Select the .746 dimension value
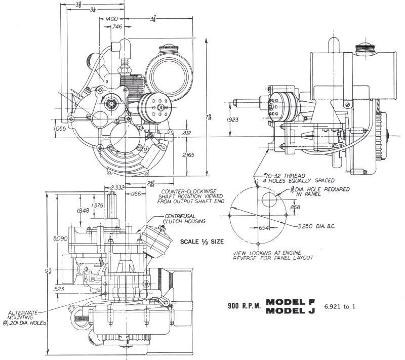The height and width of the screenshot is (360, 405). [x=116, y=27]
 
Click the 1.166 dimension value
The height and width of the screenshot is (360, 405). [x=136, y=194]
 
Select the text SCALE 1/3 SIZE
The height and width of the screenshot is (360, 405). [x=201, y=242]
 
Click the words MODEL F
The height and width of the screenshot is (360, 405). [x=290, y=302]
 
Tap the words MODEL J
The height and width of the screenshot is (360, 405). [x=290, y=311]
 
